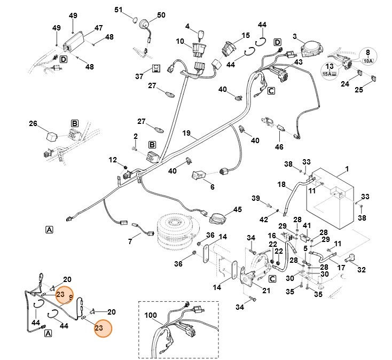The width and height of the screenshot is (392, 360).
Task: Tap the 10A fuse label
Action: click(368, 61)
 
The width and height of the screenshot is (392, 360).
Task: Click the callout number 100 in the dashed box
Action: click(151, 316)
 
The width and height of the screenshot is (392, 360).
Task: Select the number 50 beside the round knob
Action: click(161, 14)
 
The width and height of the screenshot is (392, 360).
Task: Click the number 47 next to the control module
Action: click(98, 27)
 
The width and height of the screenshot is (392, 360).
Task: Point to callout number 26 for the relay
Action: click(33, 124)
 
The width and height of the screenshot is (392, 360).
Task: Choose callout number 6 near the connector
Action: click(212, 187)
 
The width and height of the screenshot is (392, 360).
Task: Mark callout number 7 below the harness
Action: click(130, 241)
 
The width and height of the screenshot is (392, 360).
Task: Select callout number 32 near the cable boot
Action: click(362, 269)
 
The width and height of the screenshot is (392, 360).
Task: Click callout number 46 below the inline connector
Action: click(278, 146)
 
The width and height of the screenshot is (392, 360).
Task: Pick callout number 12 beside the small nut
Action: click(113, 159)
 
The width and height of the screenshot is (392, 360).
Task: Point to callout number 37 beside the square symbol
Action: click(139, 76)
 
